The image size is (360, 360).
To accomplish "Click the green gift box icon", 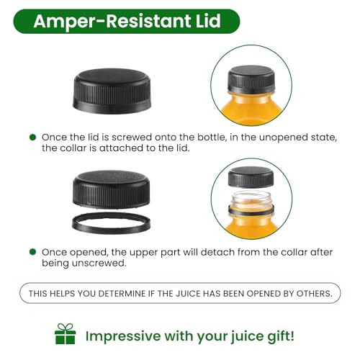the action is (66, 334).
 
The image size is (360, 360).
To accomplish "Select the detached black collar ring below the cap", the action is (111, 223).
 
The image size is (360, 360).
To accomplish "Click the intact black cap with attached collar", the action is (112, 91).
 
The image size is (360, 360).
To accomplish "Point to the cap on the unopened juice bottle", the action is (251, 79).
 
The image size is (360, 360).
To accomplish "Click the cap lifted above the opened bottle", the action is (251, 177).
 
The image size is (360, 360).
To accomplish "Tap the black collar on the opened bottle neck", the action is (251, 211).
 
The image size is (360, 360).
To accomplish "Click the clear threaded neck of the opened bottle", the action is (251, 198).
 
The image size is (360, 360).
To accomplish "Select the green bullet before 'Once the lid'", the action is (32, 138).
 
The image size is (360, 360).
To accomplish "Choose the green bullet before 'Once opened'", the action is (32, 252).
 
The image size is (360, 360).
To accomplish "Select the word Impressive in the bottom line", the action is (123, 336).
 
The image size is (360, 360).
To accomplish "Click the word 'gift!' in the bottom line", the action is (281, 336).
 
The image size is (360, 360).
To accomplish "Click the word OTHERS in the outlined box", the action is (315, 294).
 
